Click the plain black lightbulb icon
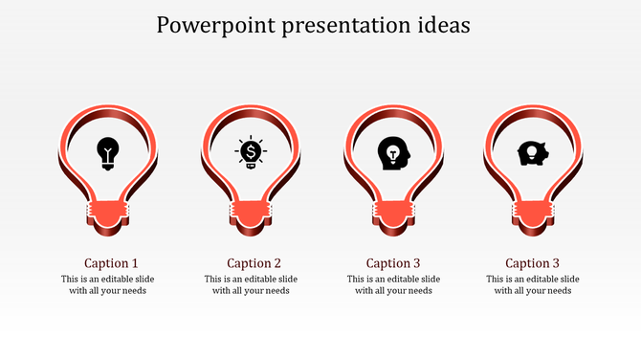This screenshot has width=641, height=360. (109, 153)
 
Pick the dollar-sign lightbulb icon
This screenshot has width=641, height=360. (251, 152)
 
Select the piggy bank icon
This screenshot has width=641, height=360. (531, 153)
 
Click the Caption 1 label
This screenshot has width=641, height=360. (111, 263)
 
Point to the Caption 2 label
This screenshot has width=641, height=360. (254, 263)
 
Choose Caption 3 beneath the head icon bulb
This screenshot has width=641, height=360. (394, 263)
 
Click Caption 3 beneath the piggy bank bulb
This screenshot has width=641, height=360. (533, 263)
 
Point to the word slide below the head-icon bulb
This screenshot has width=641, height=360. (430, 280)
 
